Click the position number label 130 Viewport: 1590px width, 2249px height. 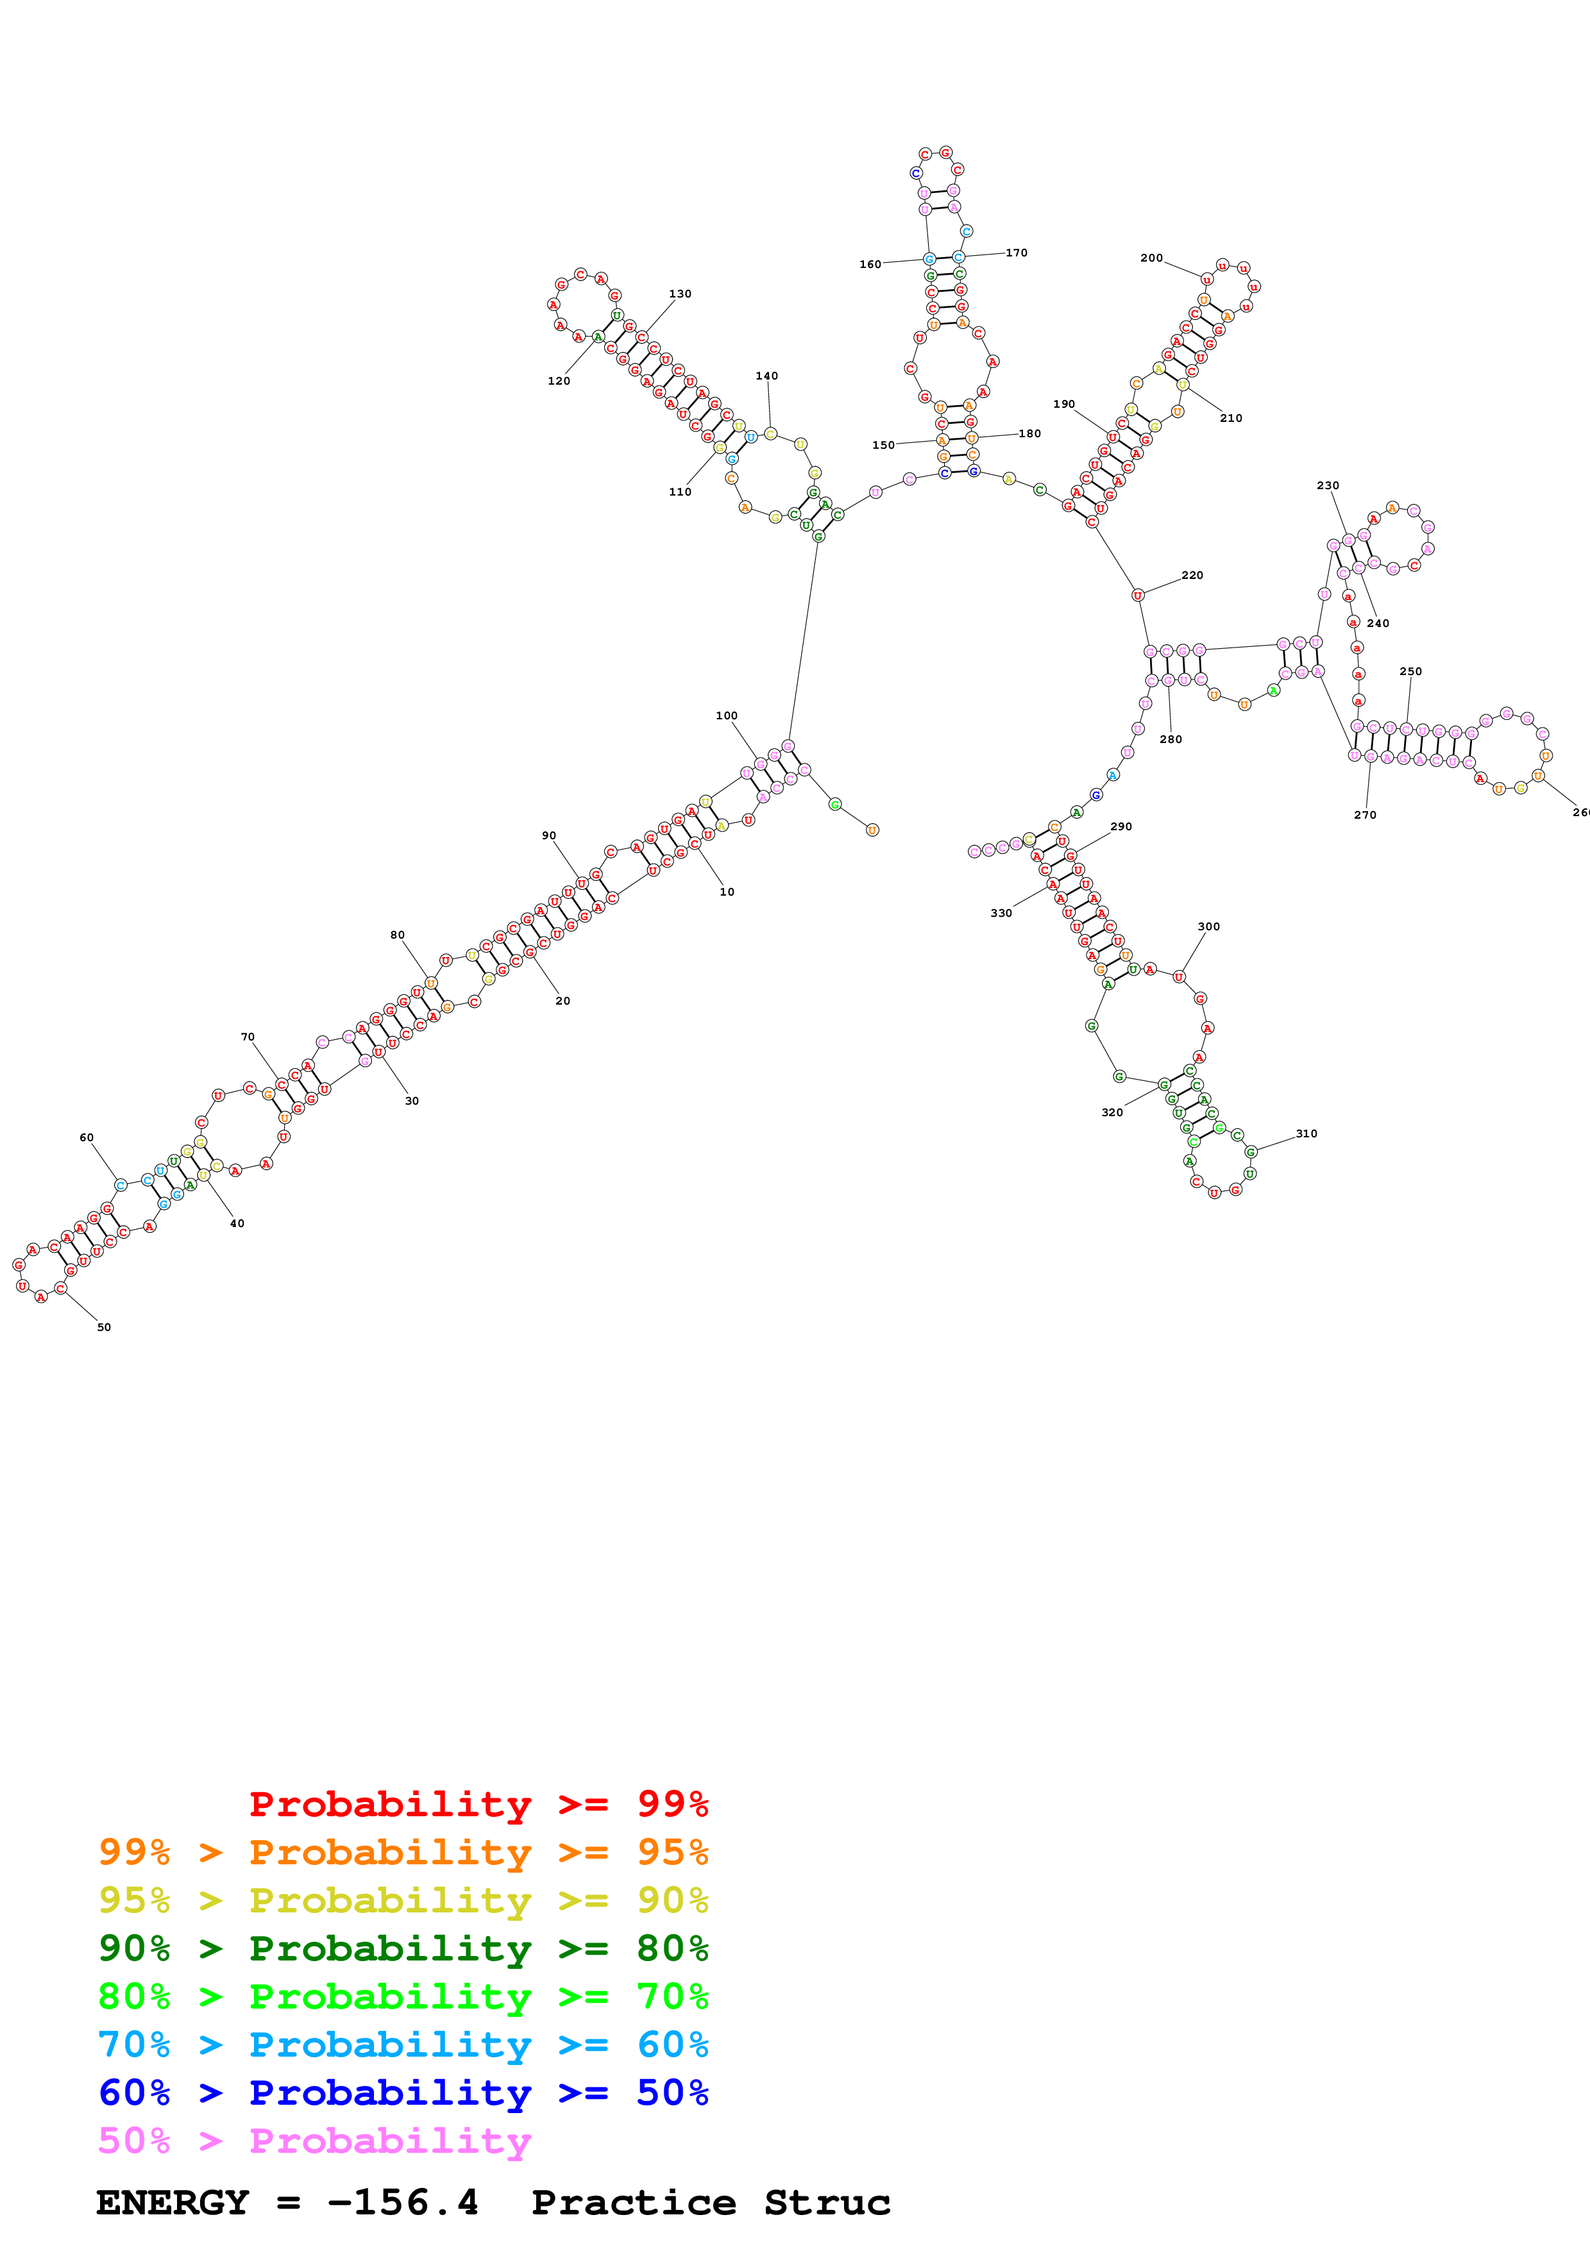tap(680, 294)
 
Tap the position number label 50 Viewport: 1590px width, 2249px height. tap(104, 1327)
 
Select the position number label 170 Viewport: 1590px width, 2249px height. tap(1017, 253)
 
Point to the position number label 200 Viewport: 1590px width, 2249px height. tap(1151, 258)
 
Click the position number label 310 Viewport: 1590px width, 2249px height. tap(1307, 1133)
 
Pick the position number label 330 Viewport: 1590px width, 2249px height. tap(1001, 913)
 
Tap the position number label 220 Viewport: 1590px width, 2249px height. tap(1192, 575)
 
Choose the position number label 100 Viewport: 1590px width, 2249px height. tap(726, 716)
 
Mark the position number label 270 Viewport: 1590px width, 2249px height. tap(1365, 815)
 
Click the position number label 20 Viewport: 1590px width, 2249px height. tap(562, 1001)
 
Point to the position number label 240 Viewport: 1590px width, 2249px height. tap(1378, 623)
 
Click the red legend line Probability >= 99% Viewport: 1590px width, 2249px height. tap(478, 1803)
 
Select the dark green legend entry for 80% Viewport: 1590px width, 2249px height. tap(403, 1948)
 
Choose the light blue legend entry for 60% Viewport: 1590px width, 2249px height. tap(403, 2044)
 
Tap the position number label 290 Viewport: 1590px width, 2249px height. tap(1121, 827)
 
